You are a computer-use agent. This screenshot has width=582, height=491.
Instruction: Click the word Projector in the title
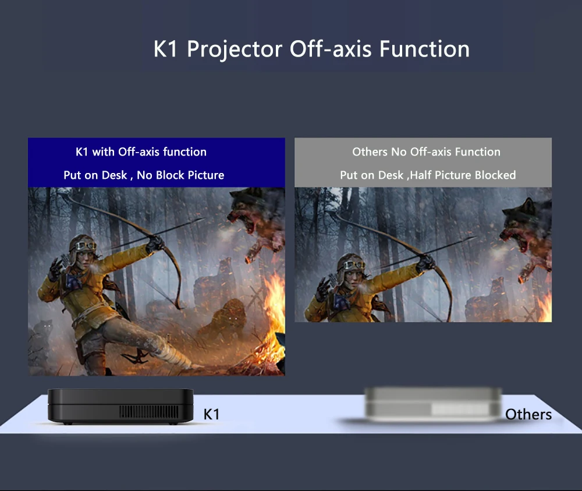(235, 50)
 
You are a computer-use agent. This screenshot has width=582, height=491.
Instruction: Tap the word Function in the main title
(424, 49)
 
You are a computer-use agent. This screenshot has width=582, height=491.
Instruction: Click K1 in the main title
(165, 49)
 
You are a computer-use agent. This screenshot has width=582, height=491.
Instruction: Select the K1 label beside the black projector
(212, 414)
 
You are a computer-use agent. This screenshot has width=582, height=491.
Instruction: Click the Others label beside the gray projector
(528, 414)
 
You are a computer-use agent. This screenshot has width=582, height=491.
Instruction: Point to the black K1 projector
(120, 407)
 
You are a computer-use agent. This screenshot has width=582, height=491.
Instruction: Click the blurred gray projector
(433, 405)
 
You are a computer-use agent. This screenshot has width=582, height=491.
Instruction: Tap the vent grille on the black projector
(148, 412)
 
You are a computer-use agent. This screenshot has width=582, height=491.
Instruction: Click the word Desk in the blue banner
(114, 175)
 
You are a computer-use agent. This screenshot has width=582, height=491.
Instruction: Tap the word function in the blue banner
(184, 151)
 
